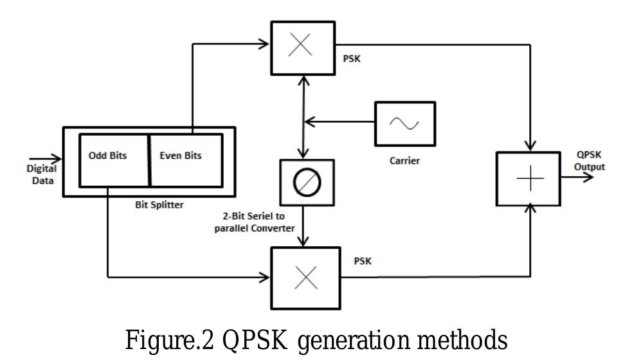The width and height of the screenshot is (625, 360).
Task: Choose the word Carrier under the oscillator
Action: click(x=404, y=161)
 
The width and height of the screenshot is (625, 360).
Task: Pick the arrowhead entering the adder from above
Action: click(x=531, y=145)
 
